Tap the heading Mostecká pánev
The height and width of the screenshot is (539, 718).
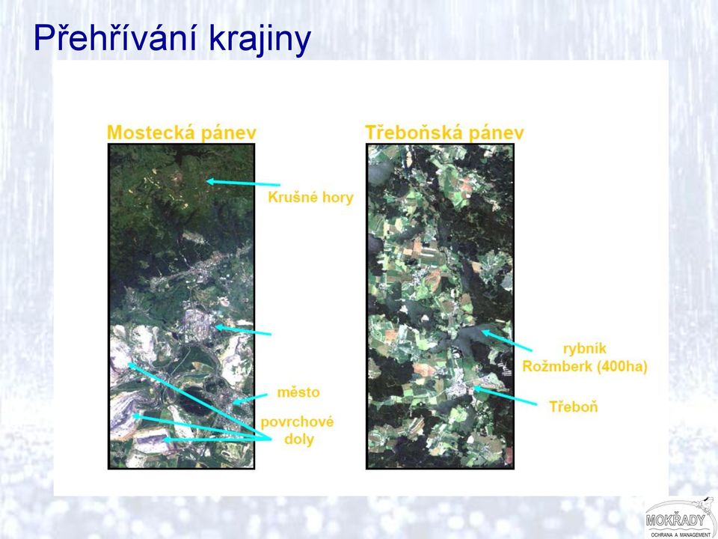click(181, 133)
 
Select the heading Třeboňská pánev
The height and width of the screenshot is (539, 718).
click(444, 133)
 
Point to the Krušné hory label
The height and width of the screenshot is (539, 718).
click(310, 198)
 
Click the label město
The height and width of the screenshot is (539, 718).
click(298, 392)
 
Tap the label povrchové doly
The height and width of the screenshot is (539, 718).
click(298, 430)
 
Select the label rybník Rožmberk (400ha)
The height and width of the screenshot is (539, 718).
click(585, 358)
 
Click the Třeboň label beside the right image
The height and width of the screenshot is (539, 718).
click(574, 406)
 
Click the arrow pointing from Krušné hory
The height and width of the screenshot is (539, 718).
click(243, 183)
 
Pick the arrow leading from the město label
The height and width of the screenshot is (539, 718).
click(250, 399)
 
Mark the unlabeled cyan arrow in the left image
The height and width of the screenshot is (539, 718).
click(243, 330)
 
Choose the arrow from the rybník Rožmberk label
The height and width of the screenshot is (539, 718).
click(506, 341)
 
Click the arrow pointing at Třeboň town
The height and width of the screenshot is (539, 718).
click(505, 396)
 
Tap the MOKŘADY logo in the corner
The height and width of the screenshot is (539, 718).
click(681, 518)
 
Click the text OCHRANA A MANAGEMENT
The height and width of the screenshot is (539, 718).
click(681, 535)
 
